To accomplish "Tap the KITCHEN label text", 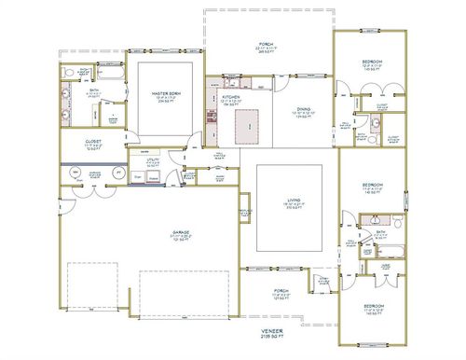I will point(231,98).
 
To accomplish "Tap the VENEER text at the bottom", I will point(272,330).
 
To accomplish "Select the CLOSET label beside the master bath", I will point(80,142).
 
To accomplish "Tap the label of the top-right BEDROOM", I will point(373,62).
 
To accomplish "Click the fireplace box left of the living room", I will point(246,205).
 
